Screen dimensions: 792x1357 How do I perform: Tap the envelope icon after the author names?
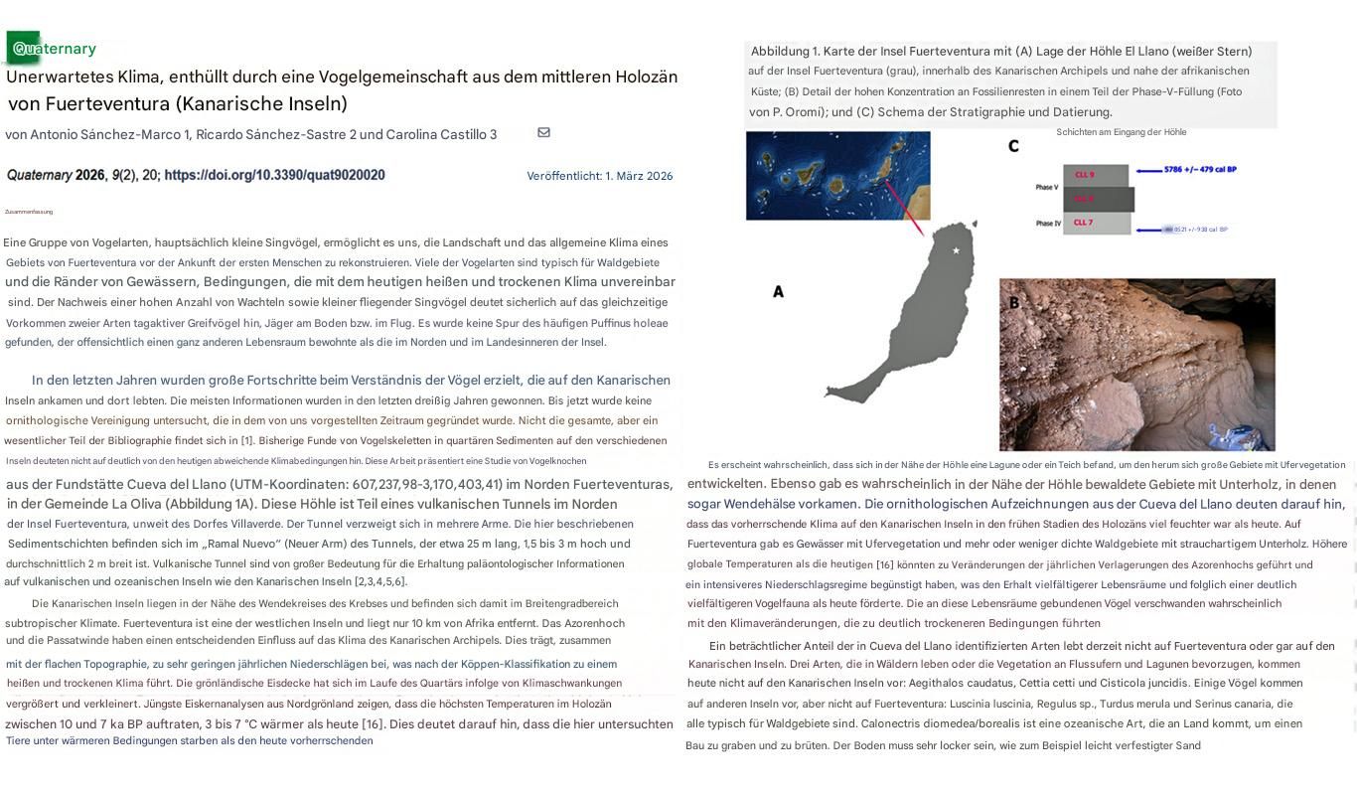pos(543,132)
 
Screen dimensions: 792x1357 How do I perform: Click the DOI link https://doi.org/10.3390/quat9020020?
pos(274,175)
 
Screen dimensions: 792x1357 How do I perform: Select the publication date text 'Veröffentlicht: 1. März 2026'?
pos(599,176)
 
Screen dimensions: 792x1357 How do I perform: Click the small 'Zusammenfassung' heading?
pos(29,212)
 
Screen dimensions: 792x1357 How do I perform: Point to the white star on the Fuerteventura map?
pos(957,250)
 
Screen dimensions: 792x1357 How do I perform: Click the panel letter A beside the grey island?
pos(778,292)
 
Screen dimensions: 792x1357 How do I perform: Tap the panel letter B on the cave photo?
pos(1014,303)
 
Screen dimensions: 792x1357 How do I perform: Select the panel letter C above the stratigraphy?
pos(1013,147)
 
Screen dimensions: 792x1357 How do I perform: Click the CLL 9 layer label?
pos(1084,175)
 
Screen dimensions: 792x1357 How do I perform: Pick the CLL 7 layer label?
pos(1084,223)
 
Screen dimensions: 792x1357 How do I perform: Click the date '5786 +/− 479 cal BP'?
pos(1199,170)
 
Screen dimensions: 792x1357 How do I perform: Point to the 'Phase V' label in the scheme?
pos(1047,187)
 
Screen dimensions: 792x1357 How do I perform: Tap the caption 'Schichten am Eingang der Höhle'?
pos(1121,132)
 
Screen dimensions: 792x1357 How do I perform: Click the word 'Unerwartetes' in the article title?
pos(60,78)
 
